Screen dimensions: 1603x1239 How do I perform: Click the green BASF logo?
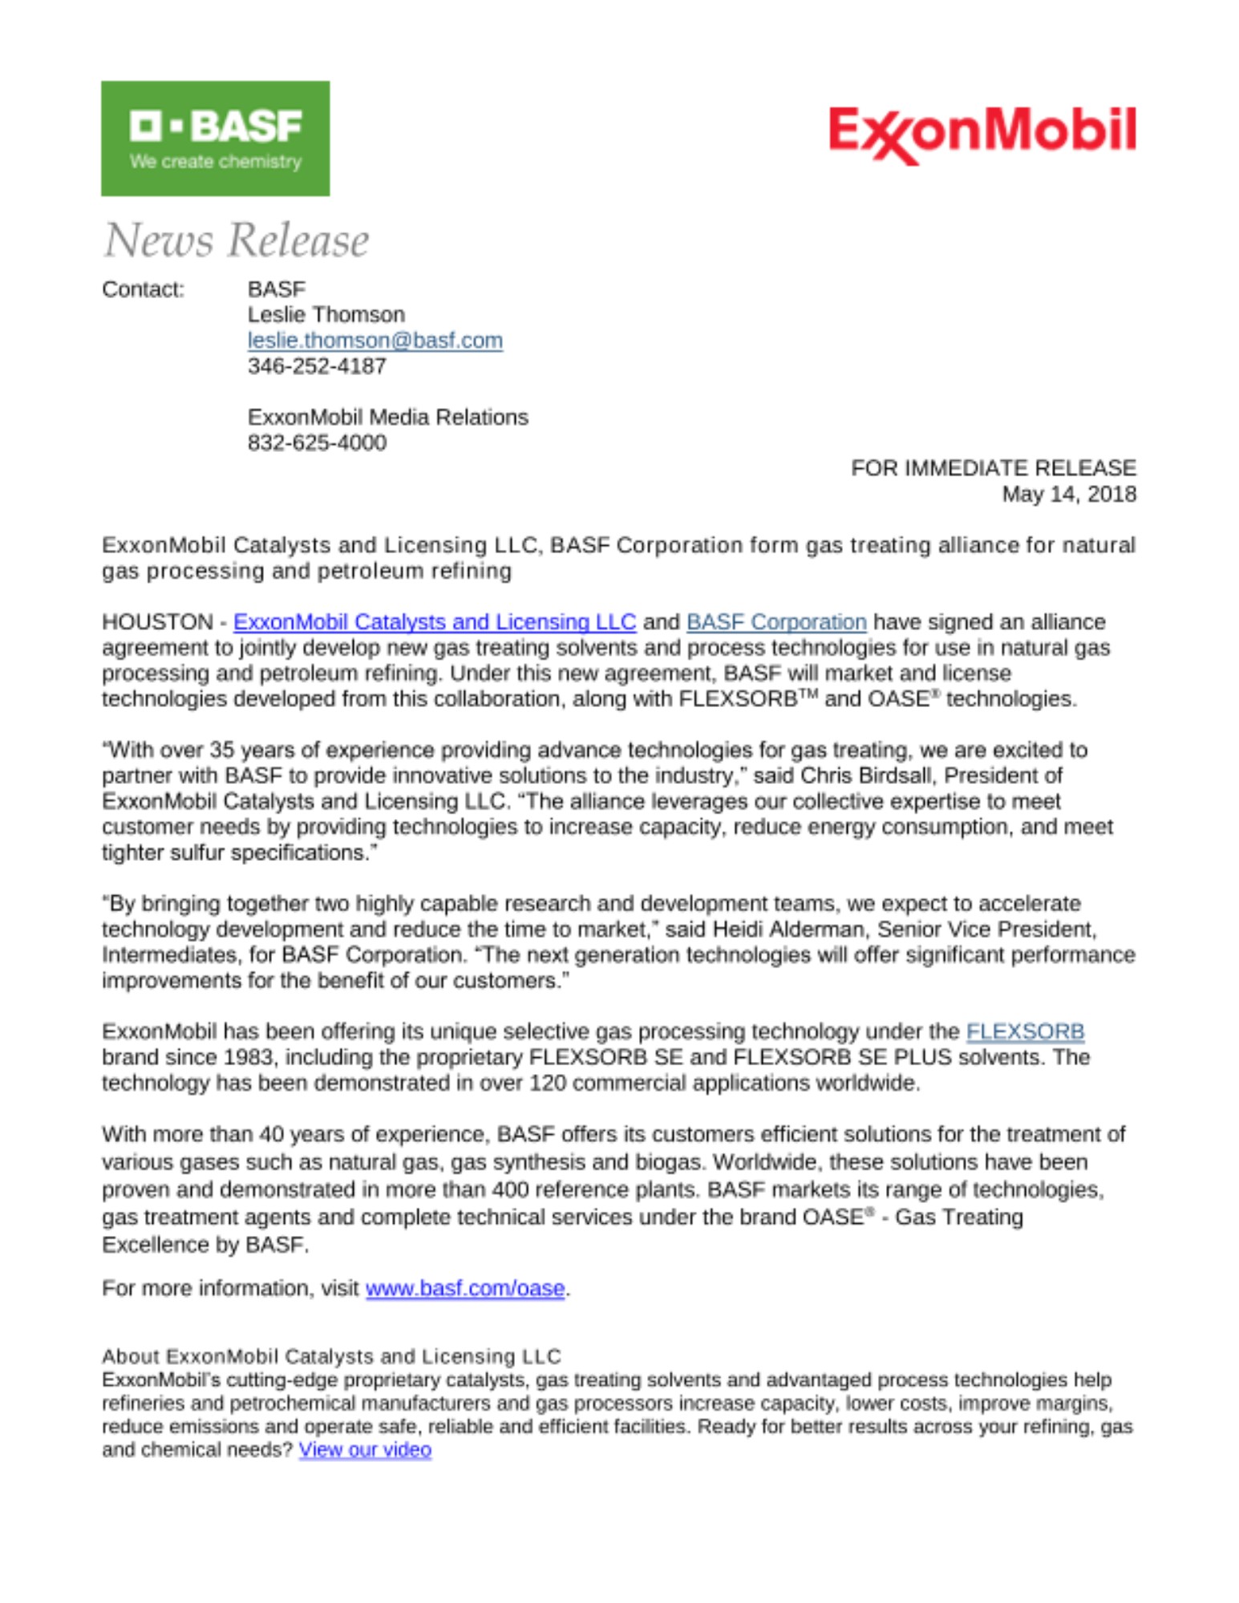(215, 138)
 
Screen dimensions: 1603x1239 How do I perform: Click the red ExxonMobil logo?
(982, 133)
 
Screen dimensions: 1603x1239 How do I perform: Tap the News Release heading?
(236, 240)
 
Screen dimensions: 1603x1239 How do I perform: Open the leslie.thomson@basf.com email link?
(375, 341)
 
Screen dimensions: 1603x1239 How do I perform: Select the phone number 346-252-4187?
(317, 366)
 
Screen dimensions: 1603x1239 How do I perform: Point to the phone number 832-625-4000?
(317, 442)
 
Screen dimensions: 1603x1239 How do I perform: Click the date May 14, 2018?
(1068, 494)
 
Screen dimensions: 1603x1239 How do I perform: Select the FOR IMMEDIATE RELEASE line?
(993, 468)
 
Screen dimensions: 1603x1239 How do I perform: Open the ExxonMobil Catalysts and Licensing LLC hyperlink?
(434, 622)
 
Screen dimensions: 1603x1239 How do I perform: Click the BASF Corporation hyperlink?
(775, 622)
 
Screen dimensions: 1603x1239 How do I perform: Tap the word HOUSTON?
(157, 622)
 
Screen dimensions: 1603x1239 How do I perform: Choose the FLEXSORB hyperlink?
(1025, 1032)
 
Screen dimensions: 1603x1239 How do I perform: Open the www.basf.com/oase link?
(465, 1288)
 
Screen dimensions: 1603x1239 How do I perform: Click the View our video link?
(365, 1450)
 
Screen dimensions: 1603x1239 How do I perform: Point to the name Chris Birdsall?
(869, 776)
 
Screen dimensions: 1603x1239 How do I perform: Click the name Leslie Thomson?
(326, 314)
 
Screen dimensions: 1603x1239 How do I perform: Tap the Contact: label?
(143, 289)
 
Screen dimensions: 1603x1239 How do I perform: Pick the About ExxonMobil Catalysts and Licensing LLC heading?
(331, 1356)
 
